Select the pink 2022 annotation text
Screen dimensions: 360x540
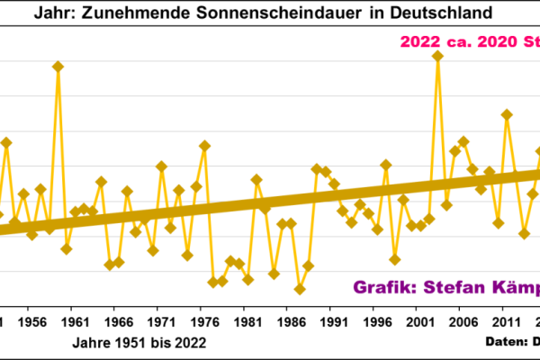(x=421, y=42)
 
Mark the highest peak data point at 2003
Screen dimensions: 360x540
(x=437, y=56)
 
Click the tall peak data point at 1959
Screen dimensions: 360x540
(x=58, y=67)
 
